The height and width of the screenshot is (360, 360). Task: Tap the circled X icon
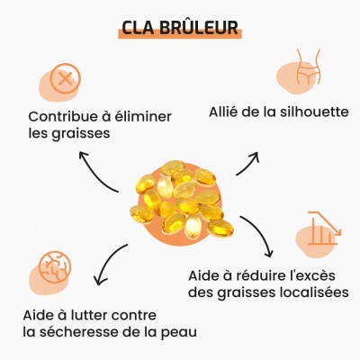pyautogui.click(x=65, y=79)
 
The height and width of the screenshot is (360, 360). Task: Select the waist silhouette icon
pyautogui.click(x=309, y=67)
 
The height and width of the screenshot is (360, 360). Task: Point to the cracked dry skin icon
pyautogui.click(x=56, y=267)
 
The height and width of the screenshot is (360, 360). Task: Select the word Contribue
pyautogui.click(x=64, y=116)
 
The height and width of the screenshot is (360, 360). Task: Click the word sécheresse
pyautogui.click(x=79, y=332)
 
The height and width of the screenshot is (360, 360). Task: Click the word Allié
pyautogui.click(x=220, y=112)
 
